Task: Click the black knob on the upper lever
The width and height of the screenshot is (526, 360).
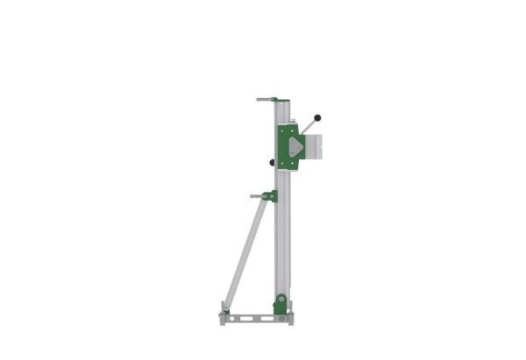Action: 317,117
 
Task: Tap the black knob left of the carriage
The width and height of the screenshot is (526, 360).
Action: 272,162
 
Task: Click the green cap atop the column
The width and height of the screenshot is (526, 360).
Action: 275,100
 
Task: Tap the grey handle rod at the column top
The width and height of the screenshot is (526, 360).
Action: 264,99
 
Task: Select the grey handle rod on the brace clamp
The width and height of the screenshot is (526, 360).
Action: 257,196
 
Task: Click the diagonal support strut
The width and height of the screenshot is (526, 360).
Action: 244,254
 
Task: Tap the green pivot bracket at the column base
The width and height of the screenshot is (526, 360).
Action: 280,304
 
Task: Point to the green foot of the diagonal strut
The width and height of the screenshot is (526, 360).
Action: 226,308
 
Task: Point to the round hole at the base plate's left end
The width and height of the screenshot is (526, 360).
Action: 226,318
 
